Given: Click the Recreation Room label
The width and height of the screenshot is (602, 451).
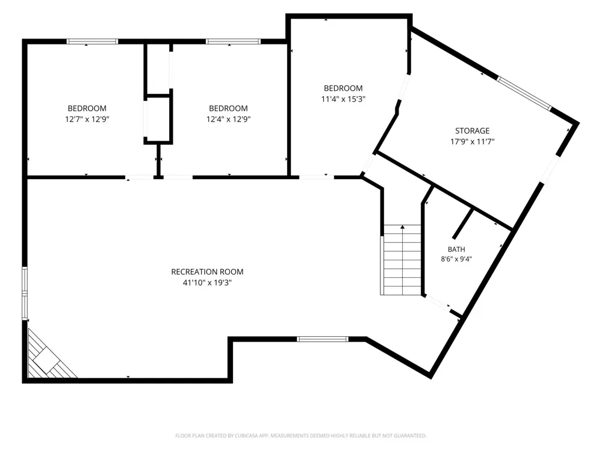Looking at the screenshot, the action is pos(207,272).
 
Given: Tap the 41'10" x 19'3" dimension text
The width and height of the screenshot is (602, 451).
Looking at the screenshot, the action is pos(207,283).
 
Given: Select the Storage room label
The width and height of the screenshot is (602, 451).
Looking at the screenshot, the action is pos(472,130).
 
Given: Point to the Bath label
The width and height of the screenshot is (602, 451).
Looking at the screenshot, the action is pos(456,250).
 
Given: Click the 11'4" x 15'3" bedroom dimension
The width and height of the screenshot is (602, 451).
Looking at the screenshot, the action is pos(343,99).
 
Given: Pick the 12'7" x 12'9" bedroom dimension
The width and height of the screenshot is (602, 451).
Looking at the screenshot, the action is pos(87,119).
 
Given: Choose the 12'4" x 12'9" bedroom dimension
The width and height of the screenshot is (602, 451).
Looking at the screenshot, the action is pos(228,119).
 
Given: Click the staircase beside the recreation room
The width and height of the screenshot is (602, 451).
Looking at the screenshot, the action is pos(402,260).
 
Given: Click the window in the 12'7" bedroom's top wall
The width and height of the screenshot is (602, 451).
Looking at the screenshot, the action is pos(92,41).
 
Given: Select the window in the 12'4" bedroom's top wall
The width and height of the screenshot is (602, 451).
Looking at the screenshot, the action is pos(233,41).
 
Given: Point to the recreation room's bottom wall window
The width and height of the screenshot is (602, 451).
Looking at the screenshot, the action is pos(323,339).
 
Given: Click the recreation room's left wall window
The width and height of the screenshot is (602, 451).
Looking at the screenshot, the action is pos(25,293).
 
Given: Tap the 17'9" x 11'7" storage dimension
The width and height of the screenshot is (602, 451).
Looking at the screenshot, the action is pos(472,141).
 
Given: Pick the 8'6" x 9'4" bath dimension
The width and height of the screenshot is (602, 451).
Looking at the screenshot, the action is pos(456,259).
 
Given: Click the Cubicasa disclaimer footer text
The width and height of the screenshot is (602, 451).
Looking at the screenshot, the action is pos(300,435).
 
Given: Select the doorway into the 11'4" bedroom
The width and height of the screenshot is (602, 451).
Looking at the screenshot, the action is pos(317,177).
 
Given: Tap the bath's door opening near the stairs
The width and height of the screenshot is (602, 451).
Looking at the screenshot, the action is pos(438,302).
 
